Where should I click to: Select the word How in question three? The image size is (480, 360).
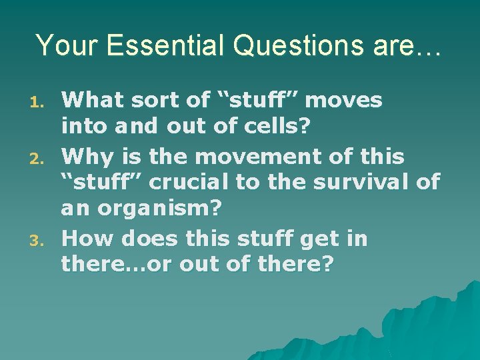coord(87,238)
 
